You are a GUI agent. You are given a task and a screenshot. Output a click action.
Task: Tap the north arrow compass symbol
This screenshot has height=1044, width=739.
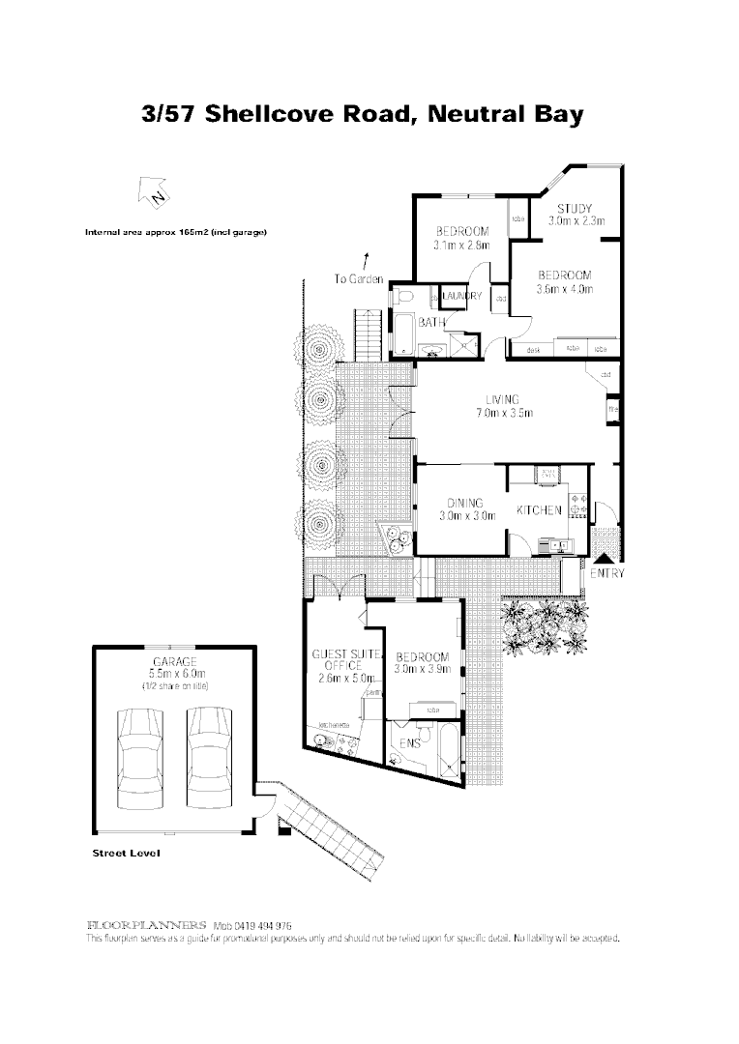coord(156,194)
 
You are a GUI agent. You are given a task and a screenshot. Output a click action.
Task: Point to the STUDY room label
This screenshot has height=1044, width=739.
coord(575,209)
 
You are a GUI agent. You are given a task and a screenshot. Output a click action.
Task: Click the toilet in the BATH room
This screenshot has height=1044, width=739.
coord(406,296)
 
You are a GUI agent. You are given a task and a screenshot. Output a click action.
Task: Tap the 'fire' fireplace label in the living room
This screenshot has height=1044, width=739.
coord(612,410)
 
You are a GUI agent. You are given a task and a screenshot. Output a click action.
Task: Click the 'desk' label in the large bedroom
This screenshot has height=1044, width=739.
coord(533,350)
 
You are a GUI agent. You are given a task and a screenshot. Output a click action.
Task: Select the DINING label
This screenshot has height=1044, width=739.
coord(464,503)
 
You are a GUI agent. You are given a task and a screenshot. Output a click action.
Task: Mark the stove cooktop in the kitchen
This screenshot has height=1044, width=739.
coord(578,503)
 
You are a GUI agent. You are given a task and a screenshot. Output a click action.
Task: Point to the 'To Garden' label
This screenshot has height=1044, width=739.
coord(359,279)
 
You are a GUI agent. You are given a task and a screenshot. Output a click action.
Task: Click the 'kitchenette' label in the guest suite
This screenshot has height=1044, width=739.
coord(334,725)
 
